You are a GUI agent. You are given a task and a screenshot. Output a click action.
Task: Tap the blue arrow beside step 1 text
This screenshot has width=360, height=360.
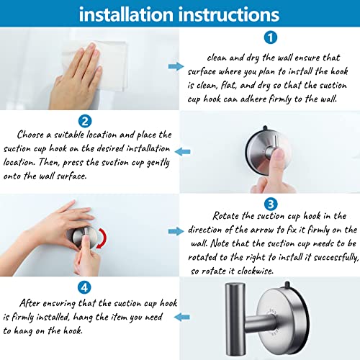point(175,66)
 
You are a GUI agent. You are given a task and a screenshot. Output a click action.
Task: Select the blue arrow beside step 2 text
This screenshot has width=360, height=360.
point(184,151)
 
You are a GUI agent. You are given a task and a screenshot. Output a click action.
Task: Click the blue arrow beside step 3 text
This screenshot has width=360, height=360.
point(175,230)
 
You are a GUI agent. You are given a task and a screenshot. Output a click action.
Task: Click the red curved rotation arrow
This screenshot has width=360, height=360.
point(104,237)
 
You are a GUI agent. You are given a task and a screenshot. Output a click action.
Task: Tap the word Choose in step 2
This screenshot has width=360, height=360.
point(35,134)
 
